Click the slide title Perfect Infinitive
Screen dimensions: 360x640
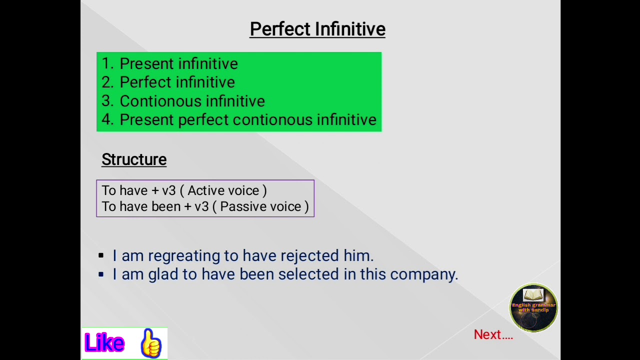click(x=317, y=29)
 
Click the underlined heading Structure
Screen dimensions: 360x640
click(x=134, y=159)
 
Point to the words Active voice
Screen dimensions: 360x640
click(x=223, y=190)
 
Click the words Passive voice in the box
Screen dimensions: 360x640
click(x=260, y=206)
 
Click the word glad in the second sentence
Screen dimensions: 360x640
click(x=163, y=274)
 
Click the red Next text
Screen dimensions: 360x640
click(x=493, y=334)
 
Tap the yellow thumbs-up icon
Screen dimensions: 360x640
click(x=151, y=343)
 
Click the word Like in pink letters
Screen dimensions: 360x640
click(x=104, y=343)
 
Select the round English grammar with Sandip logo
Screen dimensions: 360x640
click(x=533, y=308)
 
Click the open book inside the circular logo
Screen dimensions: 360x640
click(x=533, y=295)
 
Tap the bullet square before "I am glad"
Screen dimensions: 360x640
click(x=101, y=274)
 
